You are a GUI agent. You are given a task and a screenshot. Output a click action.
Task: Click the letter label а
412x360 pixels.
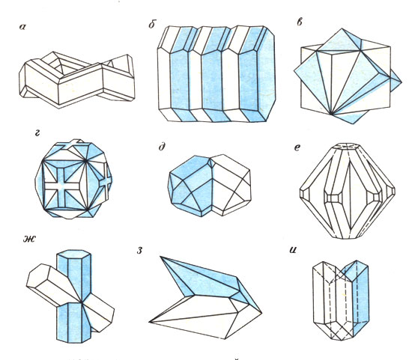click(22, 27)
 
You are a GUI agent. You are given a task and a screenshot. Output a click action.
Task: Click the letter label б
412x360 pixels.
click(152, 24)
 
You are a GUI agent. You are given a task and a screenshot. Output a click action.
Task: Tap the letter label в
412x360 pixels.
click(300, 22)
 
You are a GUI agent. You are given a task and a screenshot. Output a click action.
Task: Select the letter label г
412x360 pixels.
click(37, 134)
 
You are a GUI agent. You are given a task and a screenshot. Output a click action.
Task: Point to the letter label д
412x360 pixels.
click(162, 147)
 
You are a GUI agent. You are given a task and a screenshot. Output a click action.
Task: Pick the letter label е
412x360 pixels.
click(297, 147)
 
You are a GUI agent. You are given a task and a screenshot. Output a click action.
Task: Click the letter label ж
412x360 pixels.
click(29, 239)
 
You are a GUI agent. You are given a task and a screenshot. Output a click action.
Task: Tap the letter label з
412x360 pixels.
click(139, 251)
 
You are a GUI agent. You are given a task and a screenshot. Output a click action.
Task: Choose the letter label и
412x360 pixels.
click(293, 250)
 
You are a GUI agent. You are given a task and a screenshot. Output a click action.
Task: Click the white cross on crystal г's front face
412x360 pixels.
click(61, 185)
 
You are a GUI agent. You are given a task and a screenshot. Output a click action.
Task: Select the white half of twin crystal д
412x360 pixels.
click(231, 185)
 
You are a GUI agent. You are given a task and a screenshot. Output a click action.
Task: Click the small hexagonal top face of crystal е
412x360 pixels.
click(348, 146)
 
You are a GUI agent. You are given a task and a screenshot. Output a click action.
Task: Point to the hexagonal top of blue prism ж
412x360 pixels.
click(74, 254)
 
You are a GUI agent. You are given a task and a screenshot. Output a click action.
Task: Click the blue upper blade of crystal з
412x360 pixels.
click(207, 281)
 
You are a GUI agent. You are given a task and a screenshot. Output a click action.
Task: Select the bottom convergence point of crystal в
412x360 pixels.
click(331, 115)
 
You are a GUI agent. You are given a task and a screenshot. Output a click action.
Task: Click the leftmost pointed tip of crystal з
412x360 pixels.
click(149, 321)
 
